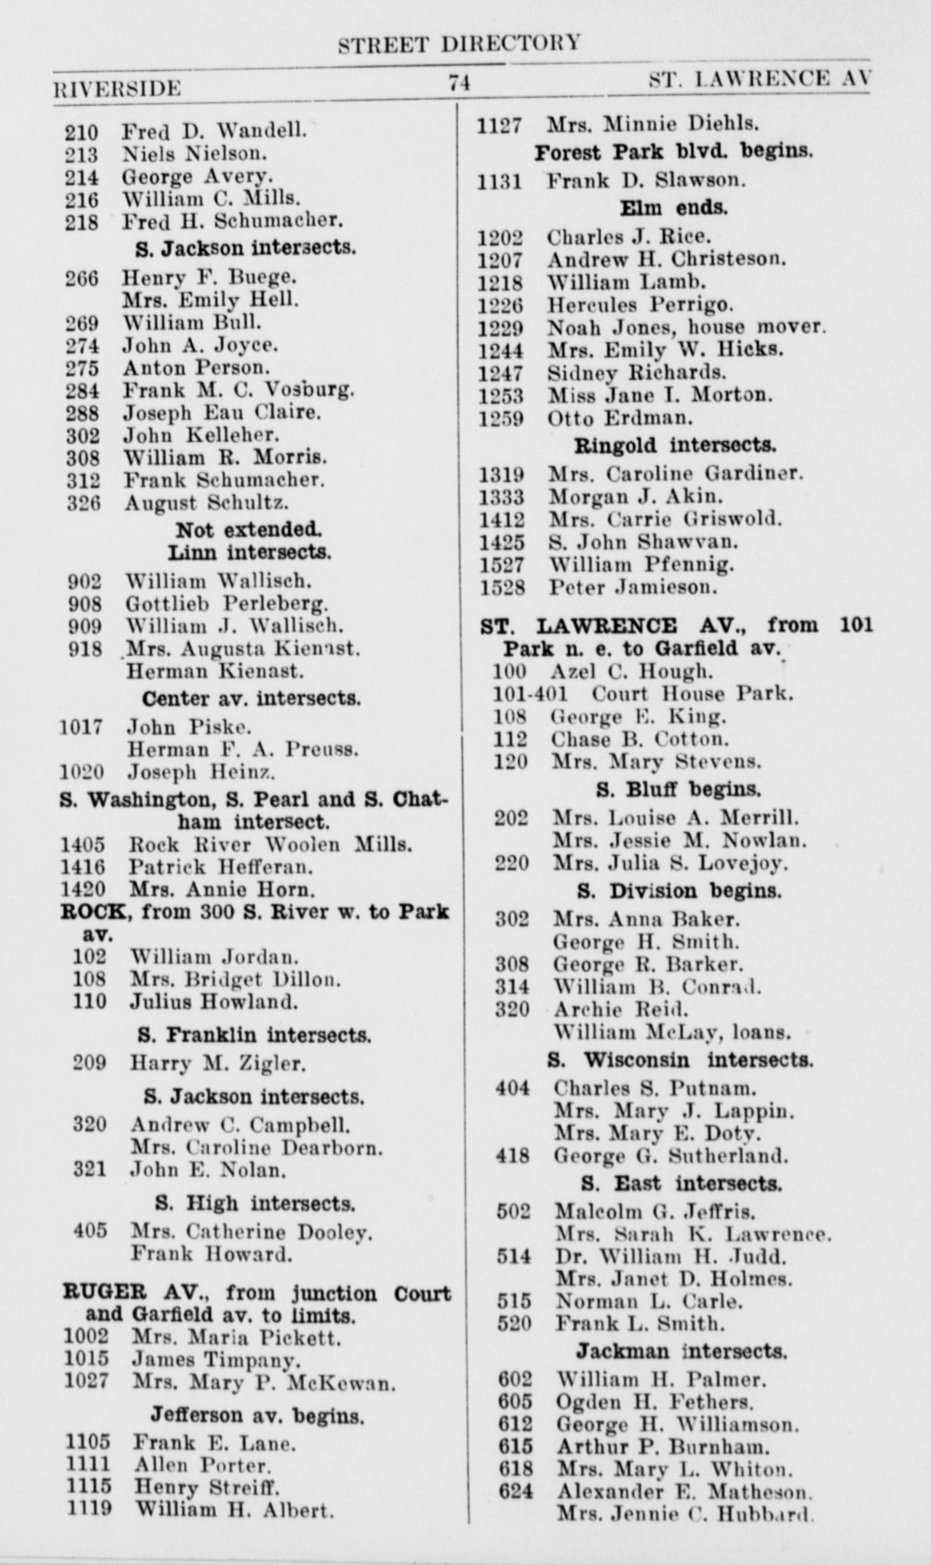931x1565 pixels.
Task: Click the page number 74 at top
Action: [459, 83]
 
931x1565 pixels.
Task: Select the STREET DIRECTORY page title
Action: [459, 43]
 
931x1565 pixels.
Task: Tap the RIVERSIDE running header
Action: [117, 88]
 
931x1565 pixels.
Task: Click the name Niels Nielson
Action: [194, 154]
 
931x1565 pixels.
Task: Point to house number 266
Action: [82, 278]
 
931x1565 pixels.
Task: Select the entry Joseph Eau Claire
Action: [222, 413]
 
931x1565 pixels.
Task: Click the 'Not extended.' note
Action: [249, 529]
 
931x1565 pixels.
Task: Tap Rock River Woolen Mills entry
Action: [270, 845]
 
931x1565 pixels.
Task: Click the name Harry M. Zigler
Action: [218, 1062]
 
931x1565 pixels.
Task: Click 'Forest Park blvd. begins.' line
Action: [673, 152]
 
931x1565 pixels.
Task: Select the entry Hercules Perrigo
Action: [640, 305]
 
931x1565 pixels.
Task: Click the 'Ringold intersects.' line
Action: [675, 445]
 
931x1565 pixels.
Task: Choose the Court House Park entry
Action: [692, 694]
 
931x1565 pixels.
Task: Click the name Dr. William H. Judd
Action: [670, 1256]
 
